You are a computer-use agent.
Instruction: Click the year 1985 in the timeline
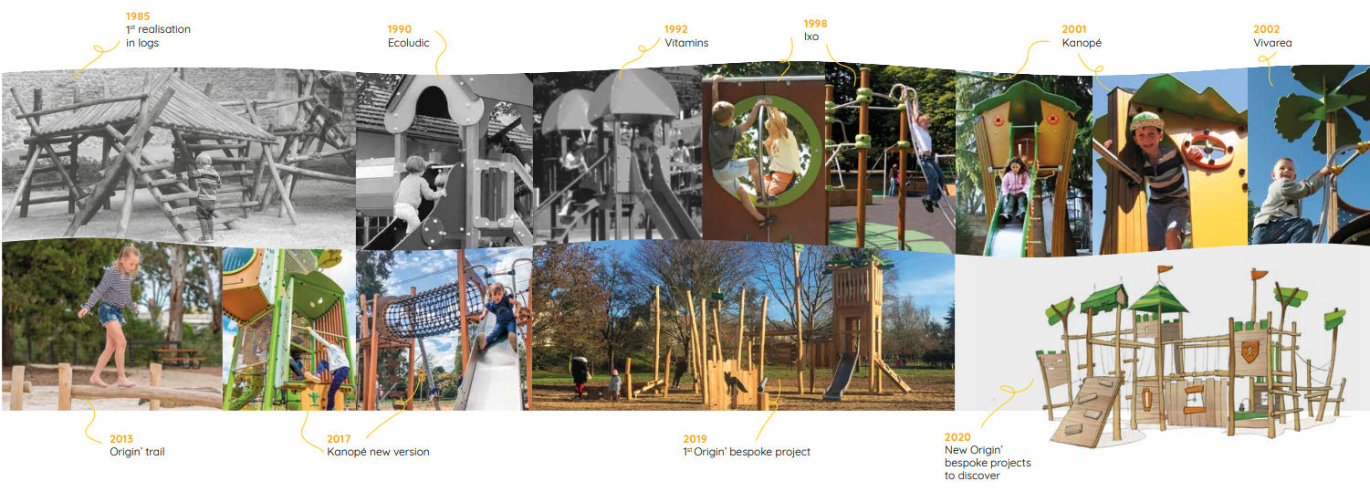[x=138, y=16]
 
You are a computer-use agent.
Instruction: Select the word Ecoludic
[x=408, y=43]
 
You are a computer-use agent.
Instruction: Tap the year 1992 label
[x=675, y=29]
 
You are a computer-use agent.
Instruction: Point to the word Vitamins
[x=686, y=43]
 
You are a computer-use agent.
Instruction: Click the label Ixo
[x=811, y=37]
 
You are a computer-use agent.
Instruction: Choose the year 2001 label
[x=1074, y=29]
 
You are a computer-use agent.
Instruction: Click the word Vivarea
[x=1272, y=43]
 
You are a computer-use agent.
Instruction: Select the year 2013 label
[x=121, y=439]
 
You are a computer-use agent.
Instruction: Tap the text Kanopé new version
[x=378, y=452]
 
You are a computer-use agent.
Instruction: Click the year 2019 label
[x=695, y=439]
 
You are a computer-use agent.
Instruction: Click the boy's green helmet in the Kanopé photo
[x=1145, y=121]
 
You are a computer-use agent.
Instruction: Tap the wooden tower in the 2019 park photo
[x=855, y=310]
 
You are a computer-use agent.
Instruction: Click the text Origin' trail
[x=137, y=452]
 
